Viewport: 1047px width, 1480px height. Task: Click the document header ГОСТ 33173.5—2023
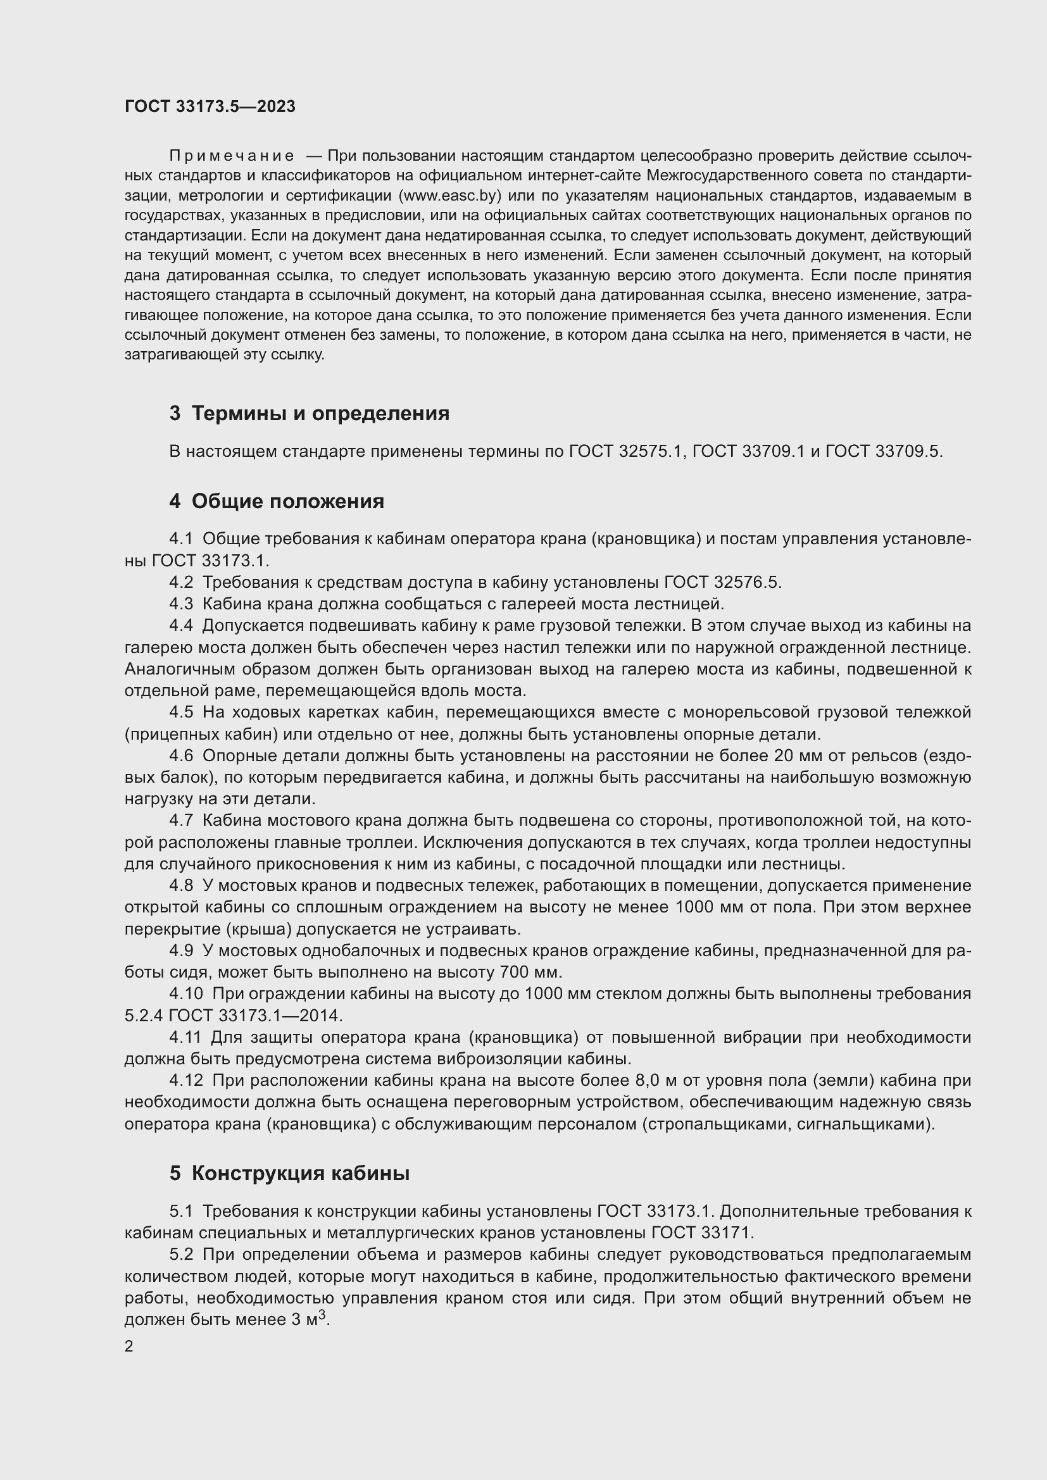pyautogui.click(x=210, y=106)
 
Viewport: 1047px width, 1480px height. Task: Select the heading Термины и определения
pyautogui.click(x=320, y=413)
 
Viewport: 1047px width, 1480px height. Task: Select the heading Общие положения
pyautogui.click(x=287, y=501)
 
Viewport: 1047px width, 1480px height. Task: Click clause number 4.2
pyautogui.click(x=181, y=582)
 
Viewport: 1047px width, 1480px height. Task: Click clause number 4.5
pyautogui.click(x=181, y=712)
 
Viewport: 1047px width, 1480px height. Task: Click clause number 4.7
pyautogui.click(x=181, y=821)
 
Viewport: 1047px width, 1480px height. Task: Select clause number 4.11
pyautogui.click(x=185, y=1037)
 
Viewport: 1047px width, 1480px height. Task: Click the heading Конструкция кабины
pyautogui.click(x=301, y=1173)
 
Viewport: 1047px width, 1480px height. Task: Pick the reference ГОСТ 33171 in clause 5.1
pyautogui.click(x=701, y=1233)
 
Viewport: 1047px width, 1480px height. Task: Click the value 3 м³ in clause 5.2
pyautogui.click(x=310, y=1319)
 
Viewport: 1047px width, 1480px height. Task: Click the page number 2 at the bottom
pyautogui.click(x=129, y=1346)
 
